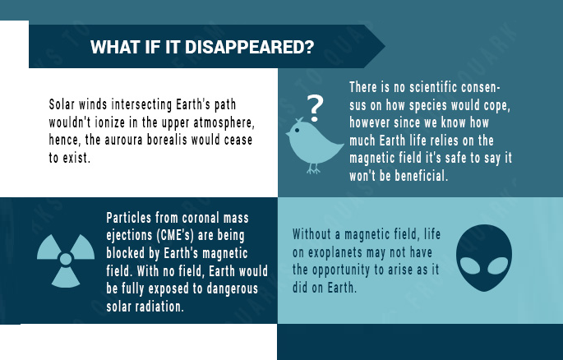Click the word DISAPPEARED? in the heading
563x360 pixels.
coord(249,47)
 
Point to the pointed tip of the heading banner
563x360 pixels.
coord(385,46)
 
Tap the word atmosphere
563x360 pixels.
coord(224,122)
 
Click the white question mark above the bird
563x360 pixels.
coord(315,108)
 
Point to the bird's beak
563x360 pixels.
coord(288,134)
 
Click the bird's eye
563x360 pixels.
coord(297,131)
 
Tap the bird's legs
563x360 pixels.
coord(313,168)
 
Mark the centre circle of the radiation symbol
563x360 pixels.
coord(66,259)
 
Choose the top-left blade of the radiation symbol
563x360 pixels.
coord(48,247)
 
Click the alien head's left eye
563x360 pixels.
coord(470,266)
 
